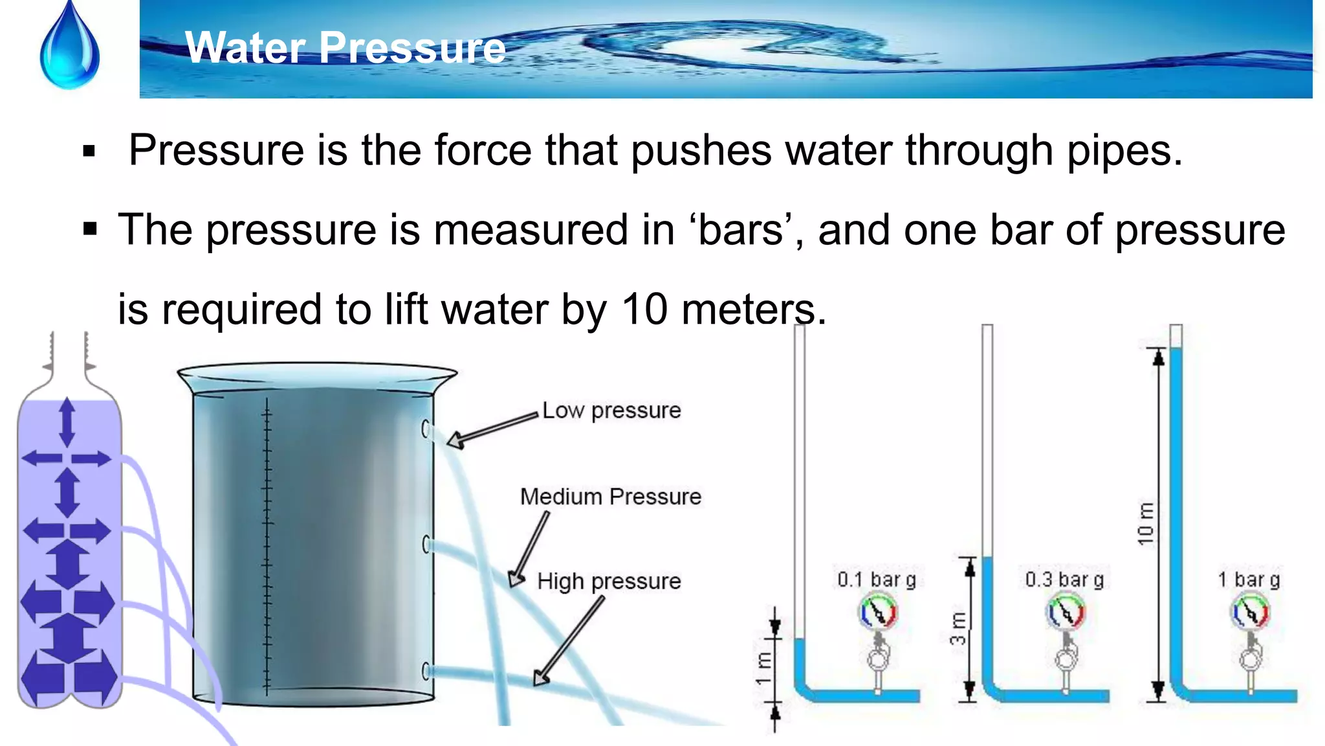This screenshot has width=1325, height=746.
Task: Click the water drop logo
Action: (x=70, y=49)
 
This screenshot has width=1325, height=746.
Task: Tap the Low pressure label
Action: (x=611, y=411)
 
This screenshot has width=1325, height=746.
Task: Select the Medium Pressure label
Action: (x=611, y=497)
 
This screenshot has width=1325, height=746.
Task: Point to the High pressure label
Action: (x=609, y=581)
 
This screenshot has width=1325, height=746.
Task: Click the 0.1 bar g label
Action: (x=877, y=579)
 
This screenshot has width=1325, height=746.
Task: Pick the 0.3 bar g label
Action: (x=1064, y=579)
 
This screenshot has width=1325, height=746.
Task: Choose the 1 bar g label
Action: (x=1249, y=579)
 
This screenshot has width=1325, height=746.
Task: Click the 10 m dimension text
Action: (x=1145, y=523)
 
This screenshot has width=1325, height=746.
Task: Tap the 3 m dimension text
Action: (x=958, y=628)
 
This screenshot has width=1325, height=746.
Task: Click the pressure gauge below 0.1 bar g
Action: (x=877, y=612)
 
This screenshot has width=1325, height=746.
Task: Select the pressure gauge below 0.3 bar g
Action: (x=1065, y=612)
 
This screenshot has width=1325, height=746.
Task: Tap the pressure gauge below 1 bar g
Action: (x=1250, y=612)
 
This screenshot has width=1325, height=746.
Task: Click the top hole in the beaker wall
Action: (x=426, y=429)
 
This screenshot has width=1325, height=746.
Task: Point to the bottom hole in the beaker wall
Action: (x=426, y=672)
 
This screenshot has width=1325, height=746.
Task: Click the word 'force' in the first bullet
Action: (x=483, y=150)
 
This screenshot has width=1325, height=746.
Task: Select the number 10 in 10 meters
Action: (x=644, y=309)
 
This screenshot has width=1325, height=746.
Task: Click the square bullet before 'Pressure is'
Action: (x=89, y=152)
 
